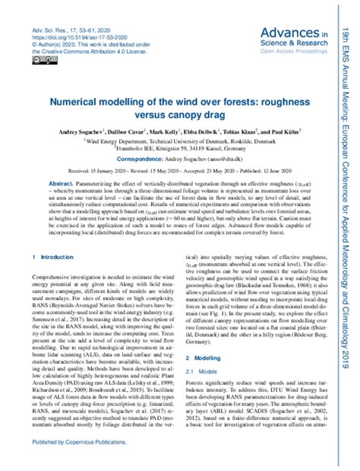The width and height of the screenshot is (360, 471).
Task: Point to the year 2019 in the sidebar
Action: pos(346,443)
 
